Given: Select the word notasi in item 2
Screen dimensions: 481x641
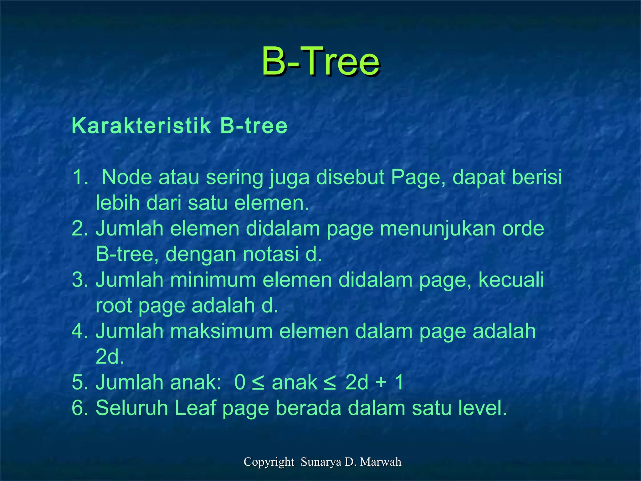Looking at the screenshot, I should [x=271, y=254].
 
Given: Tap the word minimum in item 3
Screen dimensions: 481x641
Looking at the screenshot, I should [x=213, y=280].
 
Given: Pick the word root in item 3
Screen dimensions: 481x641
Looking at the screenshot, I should [x=114, y=306].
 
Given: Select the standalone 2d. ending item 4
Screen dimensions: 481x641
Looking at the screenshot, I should [x=110, y=357].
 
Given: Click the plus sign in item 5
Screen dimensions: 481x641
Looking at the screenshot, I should [x=381, y=383].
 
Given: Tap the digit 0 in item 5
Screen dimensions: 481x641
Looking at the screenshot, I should [x=240, y=383].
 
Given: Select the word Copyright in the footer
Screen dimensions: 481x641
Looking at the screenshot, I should [x=269, y=462].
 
